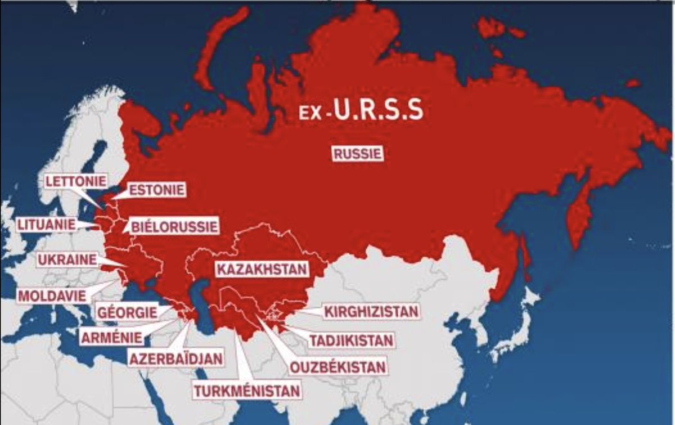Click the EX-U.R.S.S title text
pos(361,111)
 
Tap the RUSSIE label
pos(358,154)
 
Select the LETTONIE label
pos(76,181)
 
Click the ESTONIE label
pos(157,190)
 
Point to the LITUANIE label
pos(46,224)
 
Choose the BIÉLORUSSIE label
pos(174,227)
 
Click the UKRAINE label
pos(67,260)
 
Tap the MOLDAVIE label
pos(52,295)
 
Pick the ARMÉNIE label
pos(111,338)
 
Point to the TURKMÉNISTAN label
pos(247,389)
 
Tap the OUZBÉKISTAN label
pos(337,367)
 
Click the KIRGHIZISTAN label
pos(371,311)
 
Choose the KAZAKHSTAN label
pos(262,269)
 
